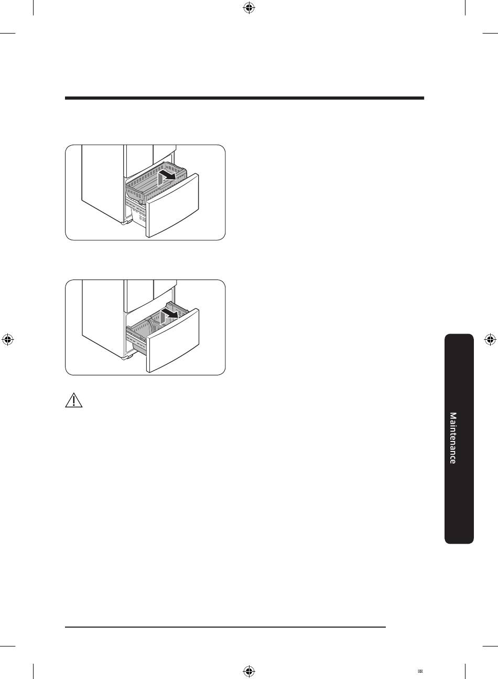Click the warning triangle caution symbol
tap(74, 401)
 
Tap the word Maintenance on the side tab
tap(453, 438)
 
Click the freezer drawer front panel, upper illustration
tap(172, 206)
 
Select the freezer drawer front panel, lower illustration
tap(173, 340)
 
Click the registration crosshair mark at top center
tap(249, 8)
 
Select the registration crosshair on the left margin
tap(8, 340)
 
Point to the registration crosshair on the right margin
tap(490, 340)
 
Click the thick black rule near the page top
tap(244, 98)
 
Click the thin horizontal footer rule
tap(225, 627)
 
